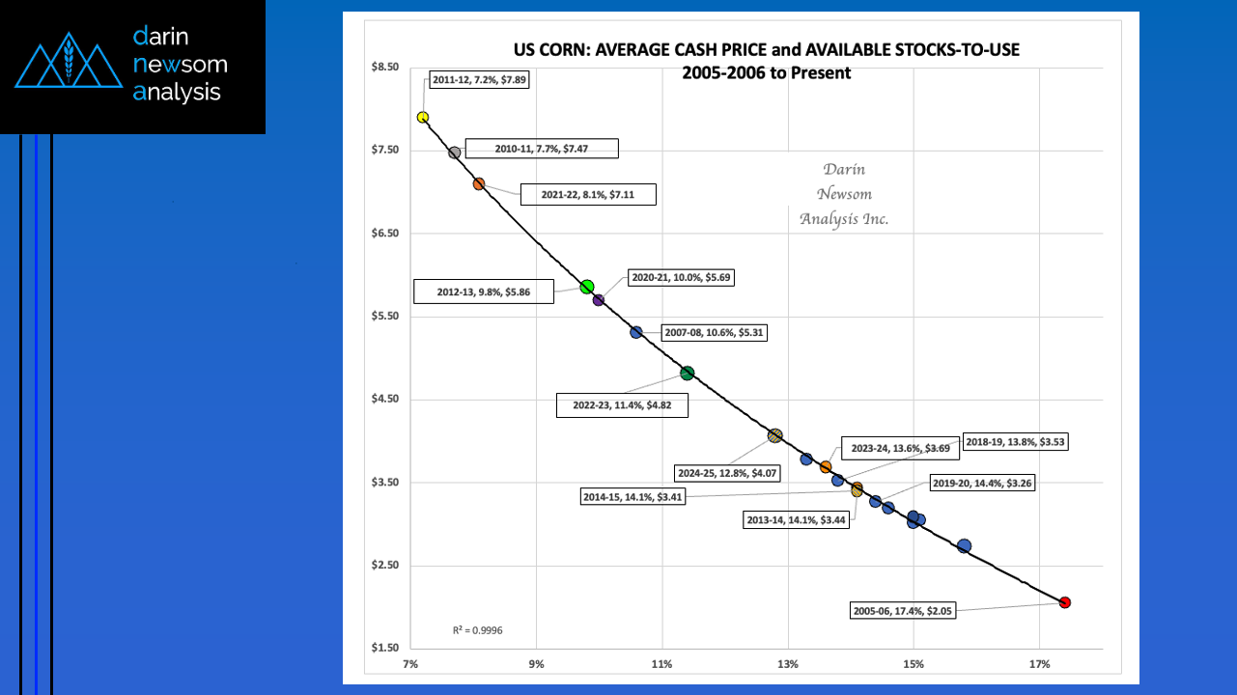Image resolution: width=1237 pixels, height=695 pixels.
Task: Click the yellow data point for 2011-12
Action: (422, 117)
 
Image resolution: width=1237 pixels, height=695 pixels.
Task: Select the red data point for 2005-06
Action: (1064, 602)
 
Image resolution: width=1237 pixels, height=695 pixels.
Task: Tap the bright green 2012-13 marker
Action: (586, 287)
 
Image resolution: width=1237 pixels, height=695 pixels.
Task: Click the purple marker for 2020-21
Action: (598, 300)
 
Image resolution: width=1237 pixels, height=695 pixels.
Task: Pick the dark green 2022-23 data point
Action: (687, 374)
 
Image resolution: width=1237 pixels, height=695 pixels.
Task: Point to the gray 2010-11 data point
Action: (454, 153)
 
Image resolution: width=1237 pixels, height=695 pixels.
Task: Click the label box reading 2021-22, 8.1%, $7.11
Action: (588, 195)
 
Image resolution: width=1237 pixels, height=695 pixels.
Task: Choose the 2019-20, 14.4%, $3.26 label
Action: (981, 483)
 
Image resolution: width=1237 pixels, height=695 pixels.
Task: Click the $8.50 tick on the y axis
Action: (383, 67)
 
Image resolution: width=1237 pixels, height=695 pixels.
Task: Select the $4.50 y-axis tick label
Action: (383, 400)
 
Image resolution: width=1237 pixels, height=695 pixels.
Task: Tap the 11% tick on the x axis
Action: (661, 665)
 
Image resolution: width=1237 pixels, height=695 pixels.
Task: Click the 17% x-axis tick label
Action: (1039, 665)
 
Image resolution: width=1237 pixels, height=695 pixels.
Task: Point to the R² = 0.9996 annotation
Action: (477, 630)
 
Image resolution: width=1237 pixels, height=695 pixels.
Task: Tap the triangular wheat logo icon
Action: (67, 65)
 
